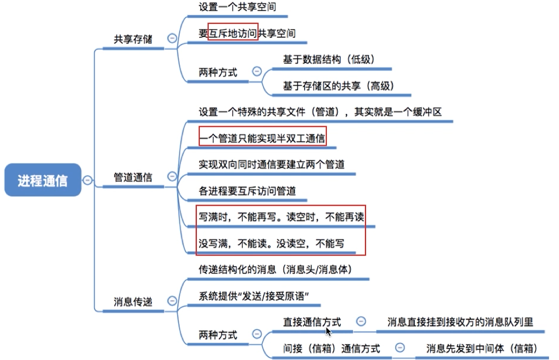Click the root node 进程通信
43,181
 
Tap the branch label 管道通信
132,178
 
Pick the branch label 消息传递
132,302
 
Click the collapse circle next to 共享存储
171,38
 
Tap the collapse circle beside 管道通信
171,177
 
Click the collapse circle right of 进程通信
87,180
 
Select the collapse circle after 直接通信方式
361,321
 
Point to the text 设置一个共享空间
237,7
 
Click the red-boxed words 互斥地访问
233,33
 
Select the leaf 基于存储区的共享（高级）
338,86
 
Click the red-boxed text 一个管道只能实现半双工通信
262,138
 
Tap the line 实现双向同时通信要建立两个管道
272,164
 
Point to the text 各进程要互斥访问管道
247,191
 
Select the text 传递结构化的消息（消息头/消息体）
275,270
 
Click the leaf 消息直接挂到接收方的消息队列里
460,322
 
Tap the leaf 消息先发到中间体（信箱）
481,348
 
